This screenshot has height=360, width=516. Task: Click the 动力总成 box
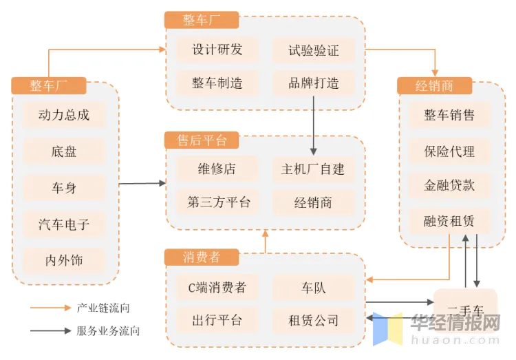[64, 115]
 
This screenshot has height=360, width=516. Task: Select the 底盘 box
[64, 151]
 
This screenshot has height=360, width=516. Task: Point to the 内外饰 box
[64, 261]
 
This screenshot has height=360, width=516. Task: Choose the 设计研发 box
[217, 50]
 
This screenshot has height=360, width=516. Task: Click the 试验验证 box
[314, 50]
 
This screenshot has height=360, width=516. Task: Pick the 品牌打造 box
[314, 84]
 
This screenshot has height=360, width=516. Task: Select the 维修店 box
[217, 169]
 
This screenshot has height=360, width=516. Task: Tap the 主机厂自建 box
[314, 169]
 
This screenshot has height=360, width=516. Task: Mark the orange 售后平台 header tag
[202, 140]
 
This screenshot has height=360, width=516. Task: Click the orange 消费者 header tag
[202, 257]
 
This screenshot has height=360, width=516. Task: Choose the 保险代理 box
[449, 151]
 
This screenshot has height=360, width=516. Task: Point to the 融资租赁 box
[449, 222]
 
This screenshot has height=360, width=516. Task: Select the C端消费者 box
[217, 287]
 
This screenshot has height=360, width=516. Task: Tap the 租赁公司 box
[314, 321]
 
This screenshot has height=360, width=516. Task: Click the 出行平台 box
[217, 321]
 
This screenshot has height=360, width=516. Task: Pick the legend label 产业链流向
[103, 308]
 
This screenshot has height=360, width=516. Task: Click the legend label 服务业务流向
[108, 331]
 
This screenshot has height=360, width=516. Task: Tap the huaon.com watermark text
[456, 339]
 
